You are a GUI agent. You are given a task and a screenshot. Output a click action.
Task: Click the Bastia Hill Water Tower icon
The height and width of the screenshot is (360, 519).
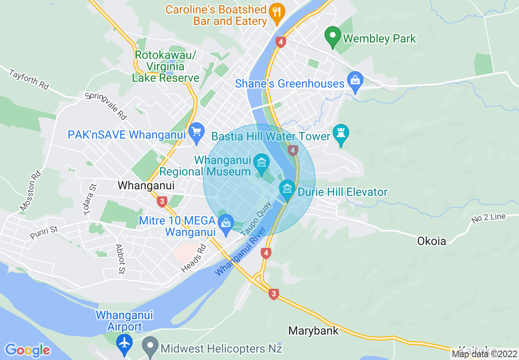tap(341, 134)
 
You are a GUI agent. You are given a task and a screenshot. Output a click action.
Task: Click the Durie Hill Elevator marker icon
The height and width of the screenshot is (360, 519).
tap(287, 189)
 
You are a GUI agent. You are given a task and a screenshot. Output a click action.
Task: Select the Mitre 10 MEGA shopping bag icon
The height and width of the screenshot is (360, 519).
tap(225, 223)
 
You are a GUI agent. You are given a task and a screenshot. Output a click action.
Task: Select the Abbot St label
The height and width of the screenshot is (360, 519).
tap(120, 259)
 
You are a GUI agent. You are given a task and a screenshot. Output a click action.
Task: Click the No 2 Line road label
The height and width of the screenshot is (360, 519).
tap(488, 218)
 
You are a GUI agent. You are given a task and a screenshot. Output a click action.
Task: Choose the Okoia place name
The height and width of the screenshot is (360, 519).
tap(431, 241)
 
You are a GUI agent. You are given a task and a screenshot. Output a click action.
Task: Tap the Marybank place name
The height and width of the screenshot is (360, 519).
tap(314, 331)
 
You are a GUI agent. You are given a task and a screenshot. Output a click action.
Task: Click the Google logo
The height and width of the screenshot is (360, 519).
tap(28, 350)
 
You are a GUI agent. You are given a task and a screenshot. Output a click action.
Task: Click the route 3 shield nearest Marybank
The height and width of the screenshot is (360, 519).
tap(274, 294)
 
